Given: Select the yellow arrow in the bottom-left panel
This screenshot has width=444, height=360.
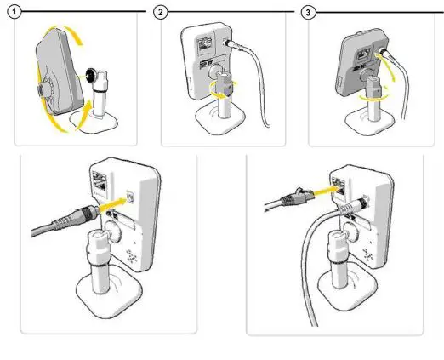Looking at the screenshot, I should point(111,203).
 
